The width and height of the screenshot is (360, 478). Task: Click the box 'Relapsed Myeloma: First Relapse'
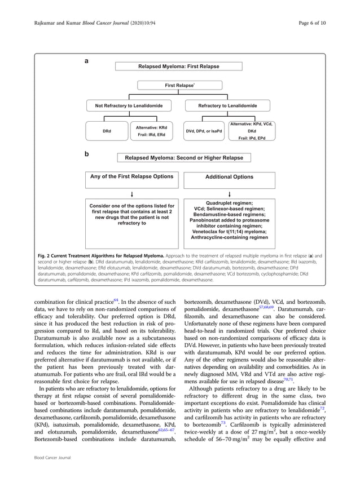click(x=179, y=67)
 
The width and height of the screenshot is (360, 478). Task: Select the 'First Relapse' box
click(x=179, y=86)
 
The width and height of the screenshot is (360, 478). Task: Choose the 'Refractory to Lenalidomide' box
click(x=227, y=105)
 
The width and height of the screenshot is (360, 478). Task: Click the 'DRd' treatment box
click(x=107, y=131)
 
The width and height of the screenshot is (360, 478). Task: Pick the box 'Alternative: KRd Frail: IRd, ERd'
click(x=155, y=131)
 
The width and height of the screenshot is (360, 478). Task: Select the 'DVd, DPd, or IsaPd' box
click(x=204, y=131)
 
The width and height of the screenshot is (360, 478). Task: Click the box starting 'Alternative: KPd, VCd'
click(x=252, y=131)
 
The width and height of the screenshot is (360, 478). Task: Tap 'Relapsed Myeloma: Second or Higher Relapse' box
click(x=180, y=158)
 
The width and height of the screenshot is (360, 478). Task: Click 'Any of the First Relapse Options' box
click(x=131, y=177)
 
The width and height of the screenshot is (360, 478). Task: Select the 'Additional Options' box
click(x=230, y=177)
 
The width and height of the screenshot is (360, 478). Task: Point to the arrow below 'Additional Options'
click(x=230, y=194)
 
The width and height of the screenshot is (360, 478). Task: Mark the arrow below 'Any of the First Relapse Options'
click(x=131, y=194)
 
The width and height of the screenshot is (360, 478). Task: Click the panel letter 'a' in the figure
click(x=86, y=60)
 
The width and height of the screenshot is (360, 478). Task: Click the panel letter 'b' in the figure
click(x=86, y=153)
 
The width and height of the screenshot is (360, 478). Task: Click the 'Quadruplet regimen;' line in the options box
click(x=229, y=203)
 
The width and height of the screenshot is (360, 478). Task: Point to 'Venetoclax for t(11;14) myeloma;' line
click(x=229, y=232)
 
